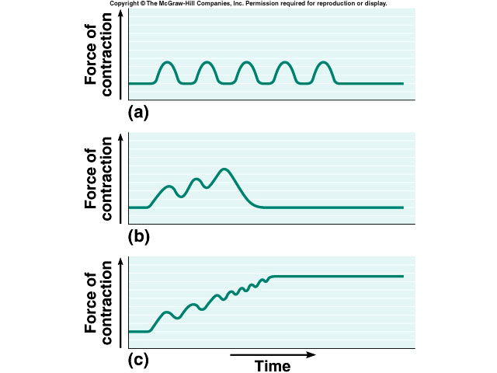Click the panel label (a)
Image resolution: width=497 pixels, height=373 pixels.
click(x=137, y=113)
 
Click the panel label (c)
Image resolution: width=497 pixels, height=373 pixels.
click(x=137, y=361)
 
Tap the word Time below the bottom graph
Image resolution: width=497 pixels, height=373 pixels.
click(x=272, y=366)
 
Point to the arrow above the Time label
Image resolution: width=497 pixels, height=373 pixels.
click(x=272, y=354)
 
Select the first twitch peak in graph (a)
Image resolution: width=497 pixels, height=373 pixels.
click(x=167, y=62)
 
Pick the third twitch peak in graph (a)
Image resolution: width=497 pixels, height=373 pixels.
click(x=245, y=62)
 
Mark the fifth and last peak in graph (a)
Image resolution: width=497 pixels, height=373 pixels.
click(x=323, y=62)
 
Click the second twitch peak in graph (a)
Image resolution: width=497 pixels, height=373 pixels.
click(x=206, y=62)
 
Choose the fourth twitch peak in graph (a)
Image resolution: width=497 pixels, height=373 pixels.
click(x=284, y=62)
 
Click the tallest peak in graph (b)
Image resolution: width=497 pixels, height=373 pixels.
click(x=225, y=169)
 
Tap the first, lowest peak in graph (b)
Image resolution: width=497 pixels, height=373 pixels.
click(x=169, y=186)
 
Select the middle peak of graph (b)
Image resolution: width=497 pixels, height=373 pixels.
click(x=197, y=180)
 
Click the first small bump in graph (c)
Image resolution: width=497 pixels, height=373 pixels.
click(x=166, y=312)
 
